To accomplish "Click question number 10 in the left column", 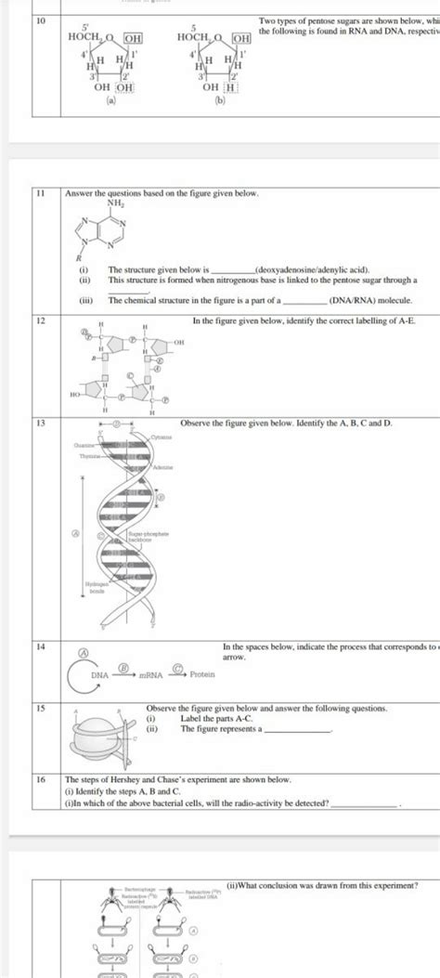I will coord(40,19).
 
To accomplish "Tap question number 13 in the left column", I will coord(40,424).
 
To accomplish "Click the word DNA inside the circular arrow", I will coord(99,675).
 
